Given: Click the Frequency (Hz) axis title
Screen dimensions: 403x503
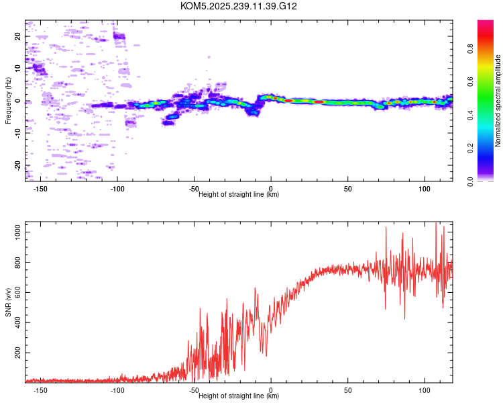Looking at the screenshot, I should coord(8,101).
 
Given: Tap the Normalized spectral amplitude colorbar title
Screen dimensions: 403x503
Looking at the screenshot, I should coord(498,101).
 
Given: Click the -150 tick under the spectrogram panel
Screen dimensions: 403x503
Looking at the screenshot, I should coord(40,188).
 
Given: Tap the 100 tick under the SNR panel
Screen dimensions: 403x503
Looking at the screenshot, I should coord(425,390).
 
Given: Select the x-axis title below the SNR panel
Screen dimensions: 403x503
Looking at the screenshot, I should coord(239,396).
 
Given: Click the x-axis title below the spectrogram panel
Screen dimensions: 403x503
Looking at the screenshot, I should coord(239,195).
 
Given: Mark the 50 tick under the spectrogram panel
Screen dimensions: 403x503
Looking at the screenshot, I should coord(348,188).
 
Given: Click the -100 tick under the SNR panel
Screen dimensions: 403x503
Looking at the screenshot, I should coord(117,390).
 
